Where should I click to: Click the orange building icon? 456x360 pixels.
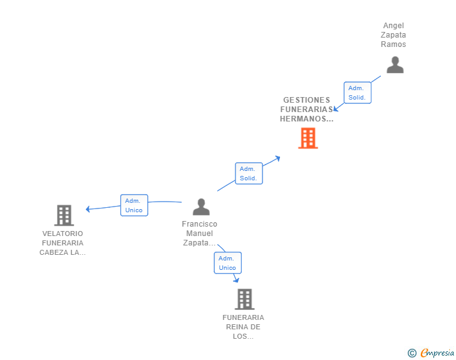point(308,138)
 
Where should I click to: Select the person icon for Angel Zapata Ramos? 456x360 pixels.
point(395,64)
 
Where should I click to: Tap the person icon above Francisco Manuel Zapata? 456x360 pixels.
point(201,207)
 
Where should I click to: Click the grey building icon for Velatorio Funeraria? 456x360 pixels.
point(64,215)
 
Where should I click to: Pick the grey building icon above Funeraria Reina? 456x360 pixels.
point(244,299)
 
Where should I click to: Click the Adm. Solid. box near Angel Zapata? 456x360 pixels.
point(357,93)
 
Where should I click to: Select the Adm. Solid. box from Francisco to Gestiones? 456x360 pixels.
point(248,173)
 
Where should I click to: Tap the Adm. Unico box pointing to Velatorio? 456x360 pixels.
point(133,205)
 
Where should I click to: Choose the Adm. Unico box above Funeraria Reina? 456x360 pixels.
point(227,263)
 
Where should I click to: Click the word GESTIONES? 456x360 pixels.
point(306,100)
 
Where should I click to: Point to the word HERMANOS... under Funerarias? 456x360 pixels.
point(306,119)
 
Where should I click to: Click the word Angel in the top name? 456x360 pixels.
point(393,26)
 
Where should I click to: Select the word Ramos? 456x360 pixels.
point(393,44)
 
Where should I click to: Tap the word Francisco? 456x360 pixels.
point(199,224)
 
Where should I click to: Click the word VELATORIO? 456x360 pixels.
point(62,234)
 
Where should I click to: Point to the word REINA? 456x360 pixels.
point(243,327)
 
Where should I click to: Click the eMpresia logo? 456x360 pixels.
point(437,353)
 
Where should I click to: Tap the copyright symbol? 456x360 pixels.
point(412,353)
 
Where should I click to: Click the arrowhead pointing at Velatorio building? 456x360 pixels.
point(88,209)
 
